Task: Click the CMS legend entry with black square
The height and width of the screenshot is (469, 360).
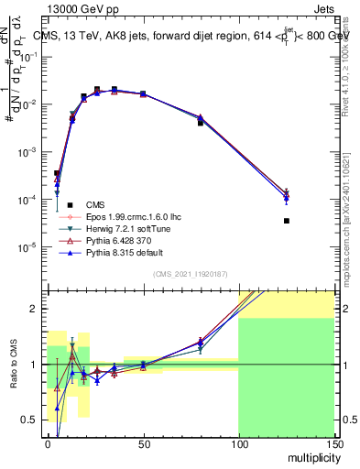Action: pyautogui.click(x=95, y=205)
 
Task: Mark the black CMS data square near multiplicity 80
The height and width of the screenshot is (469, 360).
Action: pyautogui.click(x=200, y=122)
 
